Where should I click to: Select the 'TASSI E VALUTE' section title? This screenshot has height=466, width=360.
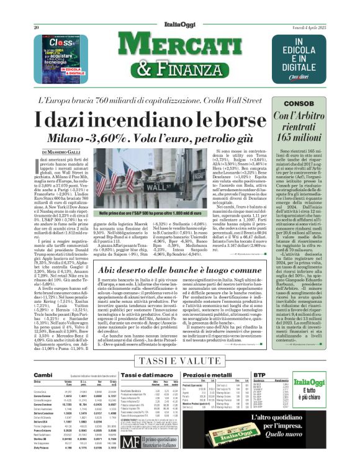(x=179, y=362)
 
